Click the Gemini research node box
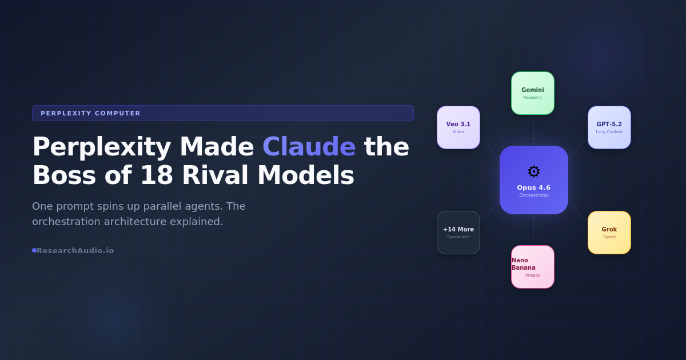pyautogui.click(x=533, y=93)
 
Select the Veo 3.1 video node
pyautogui.click(x=458, y=127)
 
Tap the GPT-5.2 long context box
pyautogui.click(x=609, y=127)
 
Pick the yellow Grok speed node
pyautogui.click(x=609, y=233)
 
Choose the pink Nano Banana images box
pyautogui.click(x=533, y=267)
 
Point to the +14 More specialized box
pyautogui.click(x=458, y=233)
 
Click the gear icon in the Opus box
pyautogui.click(x=534, y=171)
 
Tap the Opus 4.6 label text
pyautogui.click(x=534, y=187)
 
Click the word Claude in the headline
pyautogui.click(x=309, y=147)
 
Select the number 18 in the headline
pyautogui.click(x=153, y=175)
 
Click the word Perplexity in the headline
pyautogui.click(x=102, y=147)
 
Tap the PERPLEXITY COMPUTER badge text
pyautogui.click(x=90, y=113)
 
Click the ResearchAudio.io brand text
pyautogui.click(x=75, y=250)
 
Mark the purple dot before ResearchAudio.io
pyautogui.click(x=34, y=250)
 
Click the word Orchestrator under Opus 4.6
pyautogui.click(x=534, y=195)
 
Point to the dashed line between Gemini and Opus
pyautogui.click(x=534, y=130)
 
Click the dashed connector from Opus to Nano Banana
pyautogui.click(x=534, y=230)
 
